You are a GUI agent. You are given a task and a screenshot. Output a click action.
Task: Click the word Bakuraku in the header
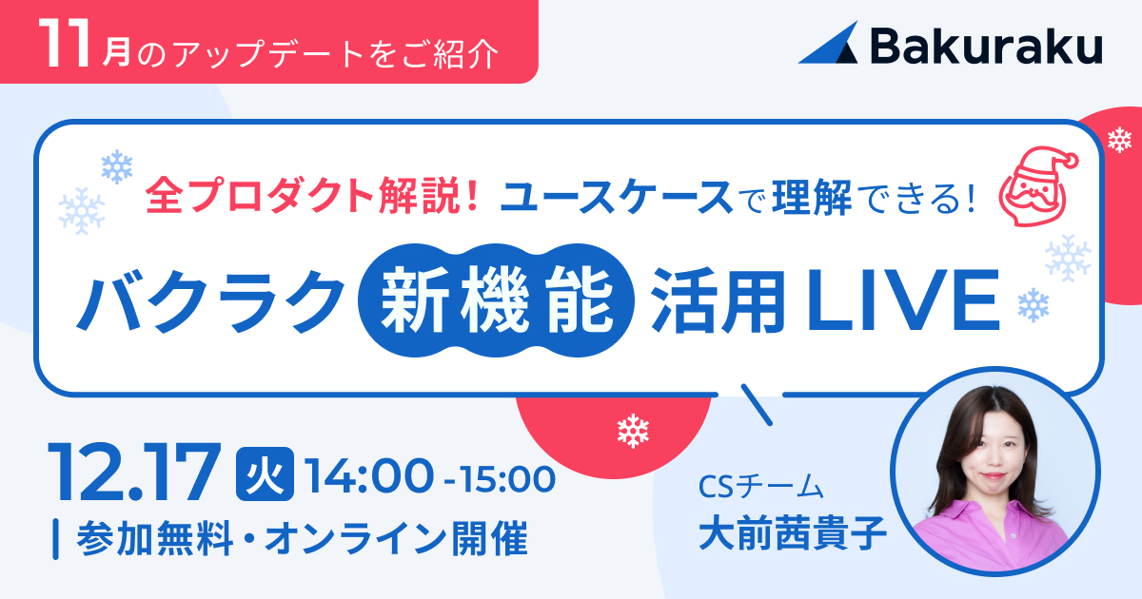[x=987, y=46]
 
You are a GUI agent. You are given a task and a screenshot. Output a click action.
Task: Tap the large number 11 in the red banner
[x=67, y=44]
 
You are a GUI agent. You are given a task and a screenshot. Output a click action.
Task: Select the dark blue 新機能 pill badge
[x=496, y=300]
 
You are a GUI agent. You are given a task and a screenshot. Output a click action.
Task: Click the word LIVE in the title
[x=902, y=300]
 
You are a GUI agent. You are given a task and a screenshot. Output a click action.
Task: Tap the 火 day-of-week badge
[x=265, y=473]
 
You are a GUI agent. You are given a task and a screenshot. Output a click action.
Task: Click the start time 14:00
[x=369, y=476]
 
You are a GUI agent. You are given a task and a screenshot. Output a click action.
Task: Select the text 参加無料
[x=154, y=538]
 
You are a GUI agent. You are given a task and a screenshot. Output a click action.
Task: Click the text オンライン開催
[x=396, y=538]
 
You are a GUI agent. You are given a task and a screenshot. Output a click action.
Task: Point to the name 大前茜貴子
[x=793, y=533]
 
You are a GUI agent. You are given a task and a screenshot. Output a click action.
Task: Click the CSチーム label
[x=760, y=487]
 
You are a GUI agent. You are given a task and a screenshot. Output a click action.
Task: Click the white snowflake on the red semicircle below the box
[x=633, y=431]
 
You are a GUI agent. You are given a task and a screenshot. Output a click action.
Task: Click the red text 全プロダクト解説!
[x=312, y=196]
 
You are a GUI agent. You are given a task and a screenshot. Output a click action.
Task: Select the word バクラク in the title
[x=210, y=300]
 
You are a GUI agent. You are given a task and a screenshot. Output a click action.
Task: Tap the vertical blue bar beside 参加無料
[x=55, y=539]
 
